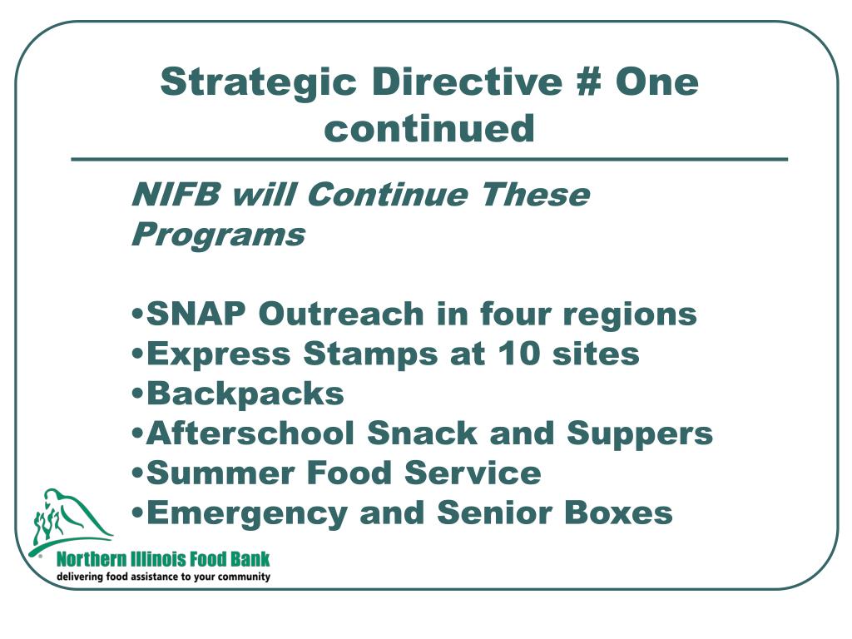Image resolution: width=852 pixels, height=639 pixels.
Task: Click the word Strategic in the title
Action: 258,83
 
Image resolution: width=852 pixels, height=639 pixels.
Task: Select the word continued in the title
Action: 429,128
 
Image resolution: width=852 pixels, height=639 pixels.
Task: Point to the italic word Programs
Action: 218,235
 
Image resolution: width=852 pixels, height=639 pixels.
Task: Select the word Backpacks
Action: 245,394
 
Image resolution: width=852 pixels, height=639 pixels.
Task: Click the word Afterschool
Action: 250,433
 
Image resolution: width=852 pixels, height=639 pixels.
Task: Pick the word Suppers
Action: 640,434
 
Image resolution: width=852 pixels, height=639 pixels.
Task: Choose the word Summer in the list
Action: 220,473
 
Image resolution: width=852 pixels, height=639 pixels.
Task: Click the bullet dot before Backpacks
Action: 138,394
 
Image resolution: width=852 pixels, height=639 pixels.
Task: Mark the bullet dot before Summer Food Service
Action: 138,473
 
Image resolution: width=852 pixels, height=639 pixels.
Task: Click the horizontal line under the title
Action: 429,159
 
